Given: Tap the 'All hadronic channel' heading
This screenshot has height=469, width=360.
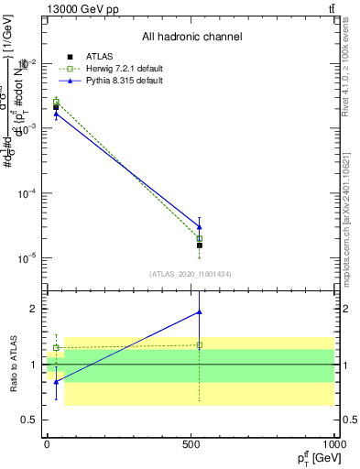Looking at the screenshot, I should (191, 38).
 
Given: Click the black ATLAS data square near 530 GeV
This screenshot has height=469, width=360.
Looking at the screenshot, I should (200, 245).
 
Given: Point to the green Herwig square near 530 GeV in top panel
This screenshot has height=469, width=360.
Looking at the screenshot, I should (200, 238).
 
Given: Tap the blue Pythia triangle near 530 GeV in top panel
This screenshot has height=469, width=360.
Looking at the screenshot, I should (200, 226).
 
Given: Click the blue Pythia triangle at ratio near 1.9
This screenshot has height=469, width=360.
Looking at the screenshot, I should (200, 312).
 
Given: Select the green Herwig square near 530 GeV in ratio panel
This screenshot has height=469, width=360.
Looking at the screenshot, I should (200, 345).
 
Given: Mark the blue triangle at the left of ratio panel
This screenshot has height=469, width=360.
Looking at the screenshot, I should (56, 381).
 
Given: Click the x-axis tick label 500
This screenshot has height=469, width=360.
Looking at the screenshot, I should (191, 444).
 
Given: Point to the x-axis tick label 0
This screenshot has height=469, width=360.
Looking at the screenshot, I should (47, 444).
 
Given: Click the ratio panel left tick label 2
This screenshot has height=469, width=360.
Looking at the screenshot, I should (33, 309).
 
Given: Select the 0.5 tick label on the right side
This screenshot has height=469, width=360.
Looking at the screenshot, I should (350, 420).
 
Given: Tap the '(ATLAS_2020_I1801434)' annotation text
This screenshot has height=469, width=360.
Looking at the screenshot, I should (191, 274).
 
